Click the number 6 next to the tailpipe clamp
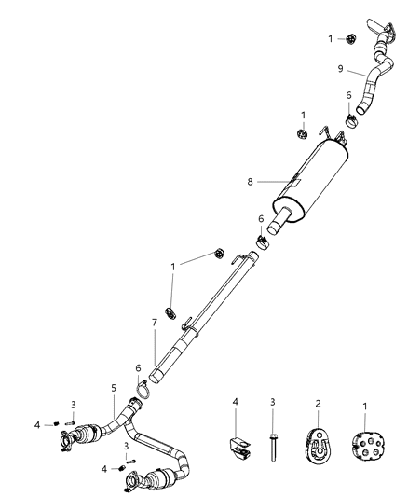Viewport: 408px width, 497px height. click(x=349, y=97)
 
